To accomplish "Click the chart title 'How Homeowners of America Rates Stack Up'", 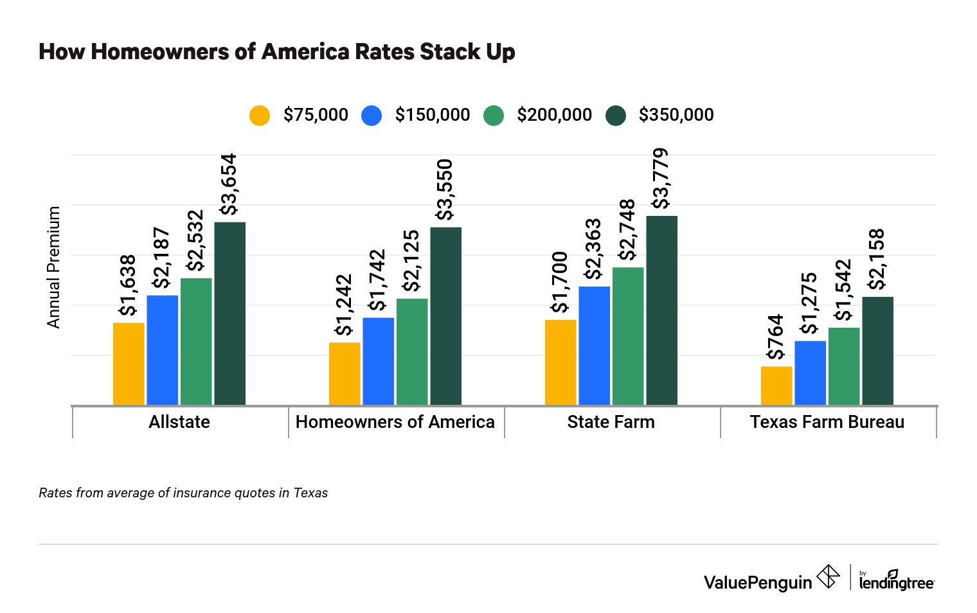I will coord(276,51).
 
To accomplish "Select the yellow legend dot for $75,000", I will coord(260,115).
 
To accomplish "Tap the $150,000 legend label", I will coord(432,115).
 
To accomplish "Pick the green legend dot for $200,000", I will coord(494,115).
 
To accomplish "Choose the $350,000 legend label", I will coord(676,115).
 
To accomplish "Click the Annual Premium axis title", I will coord(53,267).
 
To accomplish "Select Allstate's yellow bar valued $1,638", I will coord(129,364).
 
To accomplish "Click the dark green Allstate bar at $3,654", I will coord(229,314).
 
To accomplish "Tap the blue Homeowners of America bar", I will coord(379,361).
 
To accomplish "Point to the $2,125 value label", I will coord(411,261).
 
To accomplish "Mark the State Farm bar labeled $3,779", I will coord(661,310).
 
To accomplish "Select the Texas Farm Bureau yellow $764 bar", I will coord(776,386).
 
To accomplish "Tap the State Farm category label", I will coord(611,422).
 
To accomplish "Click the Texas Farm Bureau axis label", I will coord(827,422).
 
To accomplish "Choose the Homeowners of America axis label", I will coord(395,422).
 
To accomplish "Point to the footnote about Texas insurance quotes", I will coord(183,493).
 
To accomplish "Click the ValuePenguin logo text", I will coord(758,582).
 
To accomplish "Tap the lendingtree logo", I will coord(897,581).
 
